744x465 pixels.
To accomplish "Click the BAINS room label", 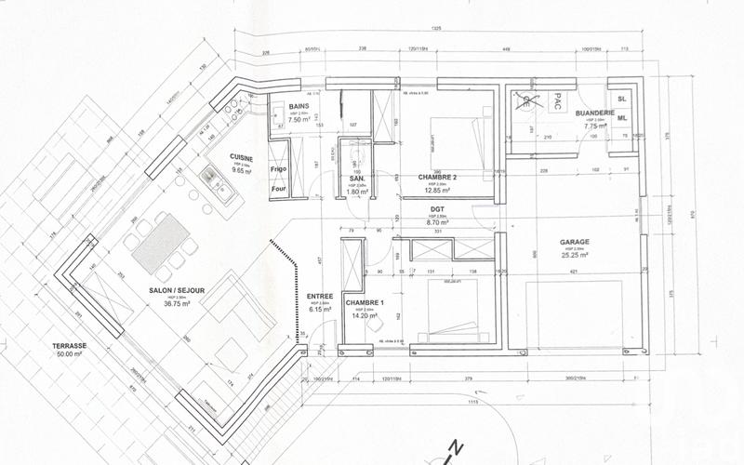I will coord(298,107).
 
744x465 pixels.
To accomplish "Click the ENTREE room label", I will coord(320,297).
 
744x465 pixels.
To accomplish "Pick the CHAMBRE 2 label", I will coord(436,176).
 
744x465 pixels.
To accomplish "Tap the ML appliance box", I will coord(621,118).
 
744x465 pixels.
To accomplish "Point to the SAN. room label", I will coord(355,178).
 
